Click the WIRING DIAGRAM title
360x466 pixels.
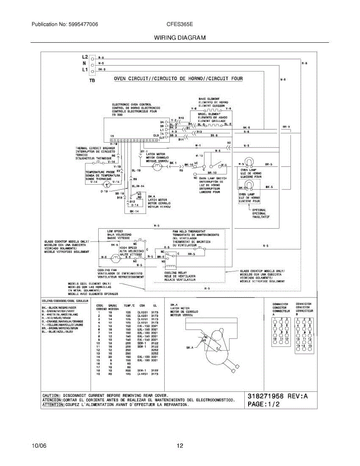180,38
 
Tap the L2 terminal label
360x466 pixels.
85,57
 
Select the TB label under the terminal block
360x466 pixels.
92,81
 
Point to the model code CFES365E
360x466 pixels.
180,24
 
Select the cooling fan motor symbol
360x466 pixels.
115,257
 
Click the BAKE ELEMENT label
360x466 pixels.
209,99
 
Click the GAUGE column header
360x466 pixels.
113,306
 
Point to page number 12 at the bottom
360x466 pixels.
180,446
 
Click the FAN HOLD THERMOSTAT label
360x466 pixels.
189,231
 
